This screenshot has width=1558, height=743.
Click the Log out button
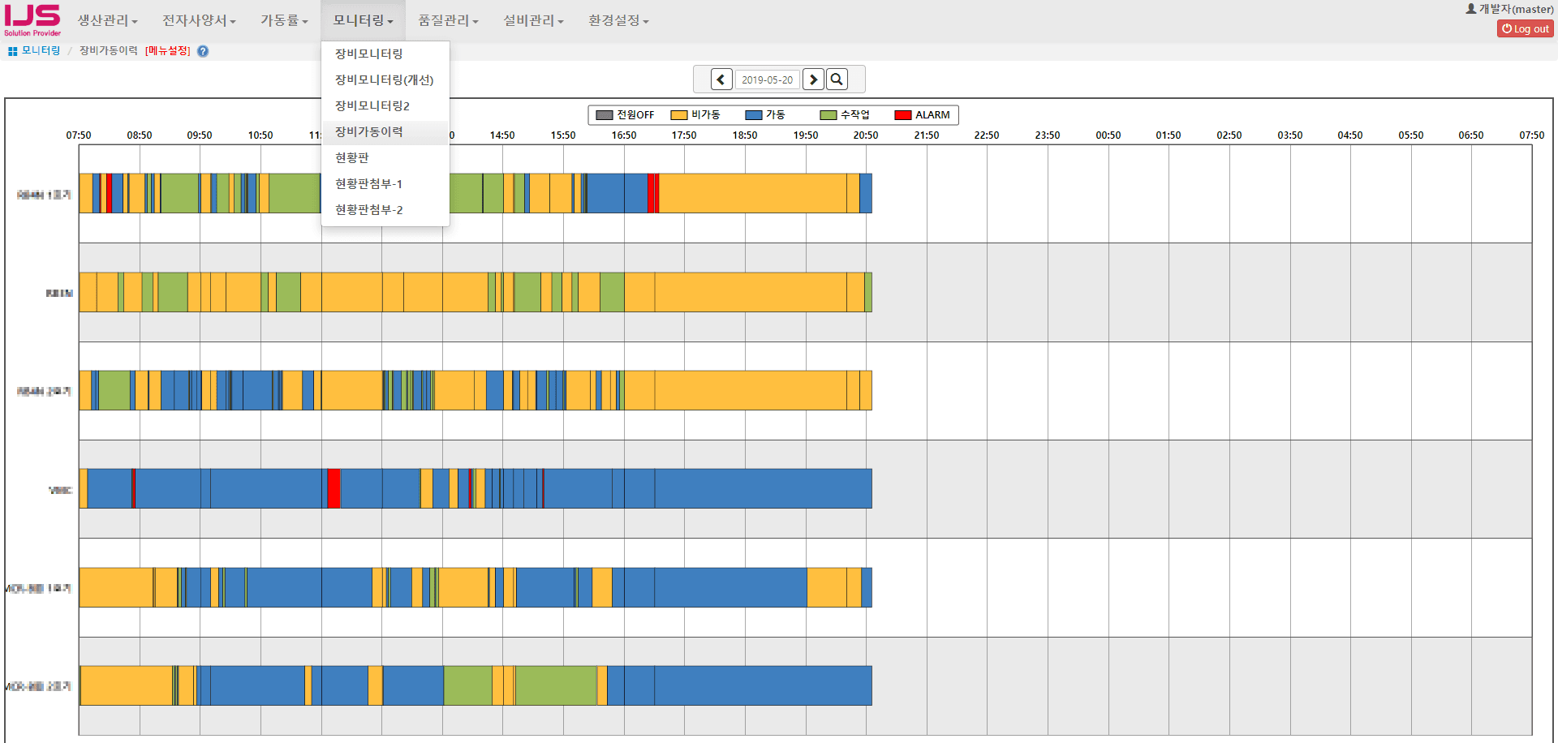pyautogui.click(x=1525, y=28)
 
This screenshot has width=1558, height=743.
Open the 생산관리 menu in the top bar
pyautogui.click(x=107, y=20)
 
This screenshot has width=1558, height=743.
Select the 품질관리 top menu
pyautogui.click(x=448, y=20)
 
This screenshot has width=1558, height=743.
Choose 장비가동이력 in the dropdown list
pyautogui.click(x=369, y=131)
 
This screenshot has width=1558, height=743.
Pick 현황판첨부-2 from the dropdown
pyautogui.click(x=369, y=209)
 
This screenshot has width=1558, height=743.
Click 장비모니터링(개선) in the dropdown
pyautogui.click(x=384, y=79)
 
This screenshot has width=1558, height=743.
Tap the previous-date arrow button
pyautogui.click(x=721, y=79)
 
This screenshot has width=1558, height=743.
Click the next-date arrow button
pyautogui.click(x=812, y=79)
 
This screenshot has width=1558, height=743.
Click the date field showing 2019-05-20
pyautogui.click(x=767, y=79)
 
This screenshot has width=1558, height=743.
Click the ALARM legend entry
pyautogui.click(x=922, y=115)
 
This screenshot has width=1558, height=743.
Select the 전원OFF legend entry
pyautogui.click(x=625, y=115)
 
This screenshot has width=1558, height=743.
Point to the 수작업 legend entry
pyautogui.click(x=845, y=115)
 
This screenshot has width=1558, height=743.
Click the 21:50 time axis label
pyautogui.click(x=926, y=135)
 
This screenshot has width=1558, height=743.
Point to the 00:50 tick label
pyautogui.click(x=1108, y=135)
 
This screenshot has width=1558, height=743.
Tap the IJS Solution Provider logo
pyautogui.click(x=32, y=19)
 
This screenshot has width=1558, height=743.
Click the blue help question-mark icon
pyautogui.click(x=203, y=51)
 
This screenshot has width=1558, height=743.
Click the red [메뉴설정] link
pyautogui.click(x=167, y=51)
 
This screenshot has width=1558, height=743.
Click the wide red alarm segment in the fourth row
pyautogui.click(x=333, y=488)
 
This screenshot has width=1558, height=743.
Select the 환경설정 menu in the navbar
pyautogui.click(x=618, y=20)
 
